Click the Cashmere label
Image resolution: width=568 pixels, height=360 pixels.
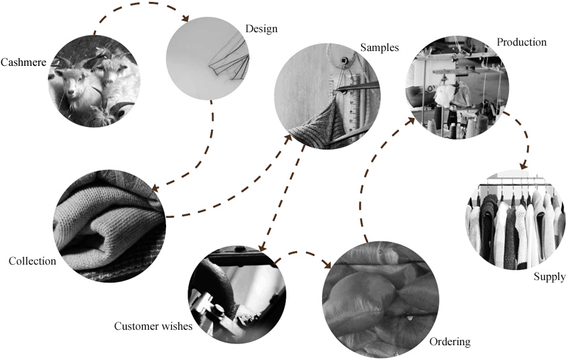[x=24, y=62]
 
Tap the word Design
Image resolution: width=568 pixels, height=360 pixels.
[x=261, y=29]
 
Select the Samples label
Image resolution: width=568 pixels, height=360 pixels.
[x=379, y=48]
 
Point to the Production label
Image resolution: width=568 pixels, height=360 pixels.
[x=521, y=42]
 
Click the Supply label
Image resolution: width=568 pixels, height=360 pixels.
[x=549, y=277]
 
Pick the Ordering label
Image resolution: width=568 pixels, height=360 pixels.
[x=450, y=342]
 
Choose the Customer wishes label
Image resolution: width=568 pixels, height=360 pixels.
[x=153, y=326]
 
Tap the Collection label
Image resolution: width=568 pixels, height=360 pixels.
[x=32, y=261]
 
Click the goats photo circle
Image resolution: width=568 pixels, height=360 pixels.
[x=93, y=81]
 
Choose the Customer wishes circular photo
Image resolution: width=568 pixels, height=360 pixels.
[x=237, y=294]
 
